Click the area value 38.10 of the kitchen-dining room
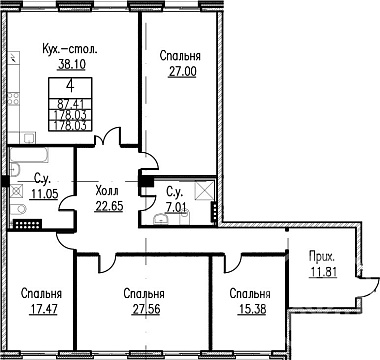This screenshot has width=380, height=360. [72, 64]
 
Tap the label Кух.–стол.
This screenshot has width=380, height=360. [70, 50]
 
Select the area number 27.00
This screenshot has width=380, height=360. [182, 71]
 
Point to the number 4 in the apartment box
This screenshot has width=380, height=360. [70, 86]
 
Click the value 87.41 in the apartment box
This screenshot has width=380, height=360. [70, 104]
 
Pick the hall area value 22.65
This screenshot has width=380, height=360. [109, 206]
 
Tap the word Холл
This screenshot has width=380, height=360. [107, 191]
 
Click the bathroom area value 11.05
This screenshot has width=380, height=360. [45, 193]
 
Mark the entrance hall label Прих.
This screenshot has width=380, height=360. [322, 257]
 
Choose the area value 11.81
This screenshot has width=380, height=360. [323, 272]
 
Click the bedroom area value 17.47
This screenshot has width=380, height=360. [44, 309]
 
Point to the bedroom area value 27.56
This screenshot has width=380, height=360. [146, 309]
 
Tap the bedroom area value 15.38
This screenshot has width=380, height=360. [252, 309]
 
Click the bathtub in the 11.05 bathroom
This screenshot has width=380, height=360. [29, 154]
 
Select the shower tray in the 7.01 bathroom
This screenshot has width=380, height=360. [204, 190]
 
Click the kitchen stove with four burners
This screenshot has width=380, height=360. [14, 99]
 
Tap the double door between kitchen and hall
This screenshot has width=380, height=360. [107, 137]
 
